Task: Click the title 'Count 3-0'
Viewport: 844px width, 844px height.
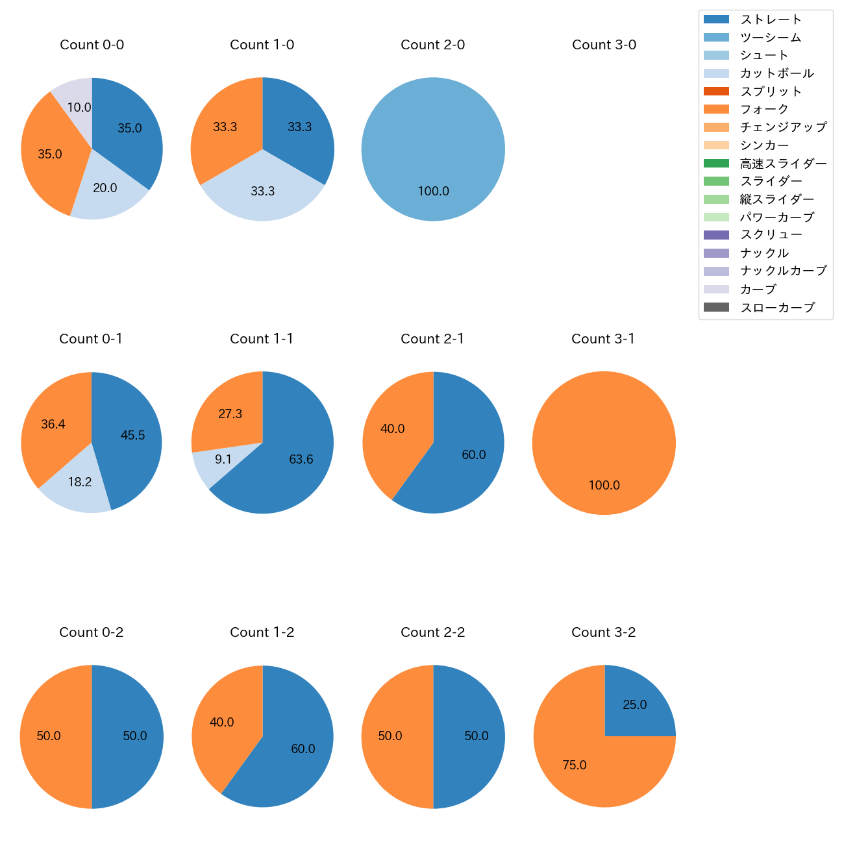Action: pos(604,45)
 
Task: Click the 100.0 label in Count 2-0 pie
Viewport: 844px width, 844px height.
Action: pos(433,192)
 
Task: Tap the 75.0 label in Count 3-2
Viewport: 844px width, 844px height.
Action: pos(574,765)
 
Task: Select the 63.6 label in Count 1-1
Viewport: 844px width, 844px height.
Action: pos(301,460)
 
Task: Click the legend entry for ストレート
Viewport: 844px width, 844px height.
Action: pos(771,19)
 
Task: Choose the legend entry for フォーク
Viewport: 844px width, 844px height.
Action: pos(764,109)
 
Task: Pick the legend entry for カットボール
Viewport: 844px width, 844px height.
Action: pos(776,73)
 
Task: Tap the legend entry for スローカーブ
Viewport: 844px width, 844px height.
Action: pos(777,308)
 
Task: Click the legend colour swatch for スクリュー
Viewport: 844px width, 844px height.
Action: pos(716,235)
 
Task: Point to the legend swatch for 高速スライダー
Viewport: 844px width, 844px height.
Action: pos(716,163)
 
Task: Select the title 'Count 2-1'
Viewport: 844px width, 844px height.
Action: pos(432,339)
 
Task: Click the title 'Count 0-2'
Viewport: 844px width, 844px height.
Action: pos(92,632)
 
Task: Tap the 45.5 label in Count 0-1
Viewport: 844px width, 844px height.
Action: pos(132,436)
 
